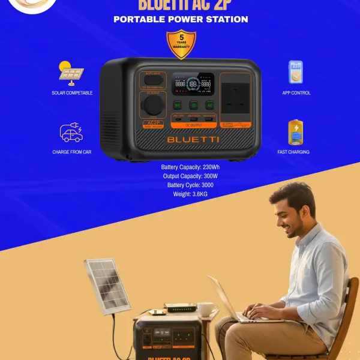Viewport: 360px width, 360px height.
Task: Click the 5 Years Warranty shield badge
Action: click(x=181, y=45)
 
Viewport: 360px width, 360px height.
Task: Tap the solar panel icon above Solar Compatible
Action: click(x=71, y=72)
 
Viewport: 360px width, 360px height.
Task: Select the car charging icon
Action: click(x=71, y=133)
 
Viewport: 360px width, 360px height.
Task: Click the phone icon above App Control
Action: click(x=296, y=72)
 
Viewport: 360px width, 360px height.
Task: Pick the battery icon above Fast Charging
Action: click(x=296, y=133)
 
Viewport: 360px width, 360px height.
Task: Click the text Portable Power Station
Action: click(x=181, y=19)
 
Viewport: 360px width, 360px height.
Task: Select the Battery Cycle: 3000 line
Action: click(x=190, y=185)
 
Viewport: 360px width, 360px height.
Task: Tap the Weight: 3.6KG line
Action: click(x=190, y=194)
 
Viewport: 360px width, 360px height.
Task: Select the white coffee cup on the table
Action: click(x=205, y=309)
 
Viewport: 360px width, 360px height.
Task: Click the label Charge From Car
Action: click(x=71, y=152)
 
